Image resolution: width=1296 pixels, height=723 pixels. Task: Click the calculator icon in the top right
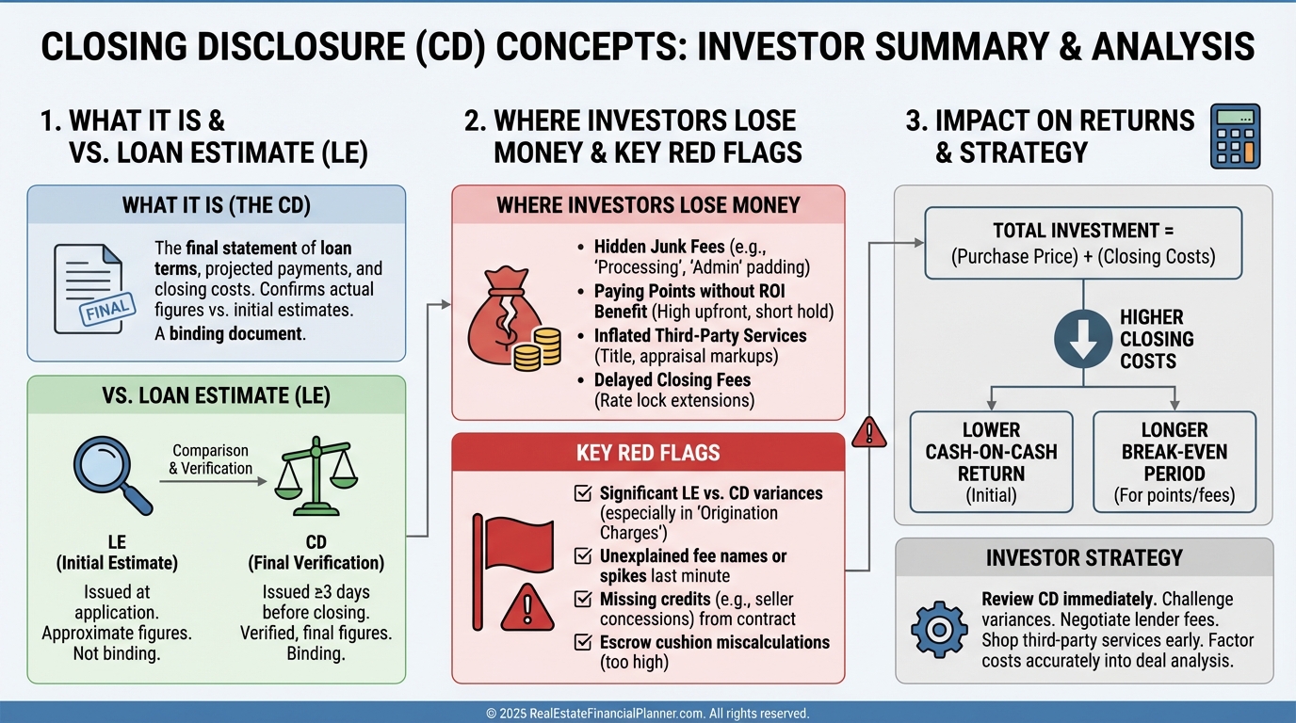[x=1235, y=136]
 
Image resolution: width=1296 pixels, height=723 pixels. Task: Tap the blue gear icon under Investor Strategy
[x=939, y=629]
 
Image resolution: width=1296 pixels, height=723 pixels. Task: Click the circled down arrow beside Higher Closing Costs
[x=1082, y=340]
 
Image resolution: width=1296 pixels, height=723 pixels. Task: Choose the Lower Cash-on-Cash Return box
[x=991, y=461]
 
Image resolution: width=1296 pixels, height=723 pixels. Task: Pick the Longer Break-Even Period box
[x=1174, y=461]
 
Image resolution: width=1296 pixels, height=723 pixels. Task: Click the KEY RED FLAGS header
[x=647, y=453]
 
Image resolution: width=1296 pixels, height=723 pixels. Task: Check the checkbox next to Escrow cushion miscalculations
[x=582, y=643]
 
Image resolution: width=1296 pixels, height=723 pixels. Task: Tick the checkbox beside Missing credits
[x=582, y=599]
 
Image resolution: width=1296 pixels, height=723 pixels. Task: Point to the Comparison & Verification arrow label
[x=211, y=459]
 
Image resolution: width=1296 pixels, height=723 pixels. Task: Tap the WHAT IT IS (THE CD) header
[x=216, y=204]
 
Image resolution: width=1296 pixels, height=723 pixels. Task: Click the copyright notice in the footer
[x=647, y=714]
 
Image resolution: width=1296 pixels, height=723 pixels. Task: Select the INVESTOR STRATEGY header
[x=1083, y=557]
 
